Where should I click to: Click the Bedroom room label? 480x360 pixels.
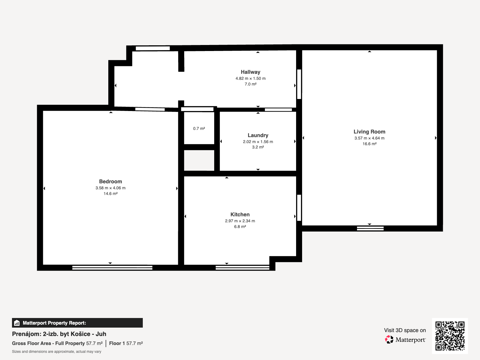[x=110, y=181]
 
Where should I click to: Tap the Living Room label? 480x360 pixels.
[x=369, y=132]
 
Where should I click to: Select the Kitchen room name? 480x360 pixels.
[x=240, y=214]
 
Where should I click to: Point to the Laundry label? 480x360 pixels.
[x=258, y=135]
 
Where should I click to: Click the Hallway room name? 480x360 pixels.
[x=250, y=72]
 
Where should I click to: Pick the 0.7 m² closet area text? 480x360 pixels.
[x=199, y=128]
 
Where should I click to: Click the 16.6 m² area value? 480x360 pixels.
[x=369, y=144]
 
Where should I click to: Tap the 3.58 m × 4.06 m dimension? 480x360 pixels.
[x=110, y=188]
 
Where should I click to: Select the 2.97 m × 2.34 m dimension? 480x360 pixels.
[x=240, y=221]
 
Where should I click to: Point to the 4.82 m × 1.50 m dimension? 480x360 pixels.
[x=250, y=79]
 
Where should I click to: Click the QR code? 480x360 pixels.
[x=450, y=336]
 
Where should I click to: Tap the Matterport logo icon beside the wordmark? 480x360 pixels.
[x=389, y=340]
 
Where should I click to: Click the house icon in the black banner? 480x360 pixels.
[x=17, y=323]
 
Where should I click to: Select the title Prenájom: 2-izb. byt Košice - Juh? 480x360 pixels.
[x=59, y=334]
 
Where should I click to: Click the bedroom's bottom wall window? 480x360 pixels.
[x=112, y=268]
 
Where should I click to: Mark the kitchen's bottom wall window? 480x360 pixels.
[x=242, y=268]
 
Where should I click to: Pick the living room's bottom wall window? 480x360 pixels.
[x=370, y=229]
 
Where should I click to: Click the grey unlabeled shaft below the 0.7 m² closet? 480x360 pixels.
[x=199, y=160]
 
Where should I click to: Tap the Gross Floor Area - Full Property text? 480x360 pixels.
[x=48, y=343]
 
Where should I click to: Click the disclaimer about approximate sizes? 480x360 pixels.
[x=56, y=352]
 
